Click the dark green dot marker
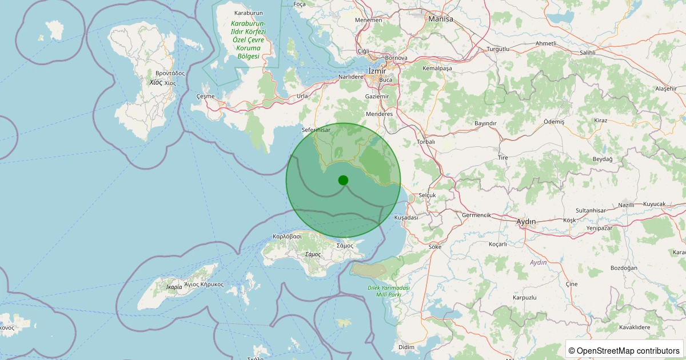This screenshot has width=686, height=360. coord(343,180)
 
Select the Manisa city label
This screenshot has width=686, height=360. coord(441,19)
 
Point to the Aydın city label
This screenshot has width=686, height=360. coord(526,222)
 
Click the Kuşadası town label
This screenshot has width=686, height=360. coord(406,218)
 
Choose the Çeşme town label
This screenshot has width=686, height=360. coord(205,96)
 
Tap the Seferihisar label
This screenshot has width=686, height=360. coord(316,130)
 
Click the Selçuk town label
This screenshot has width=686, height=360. coord(427,195)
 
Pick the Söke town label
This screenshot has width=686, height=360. coord(434,247)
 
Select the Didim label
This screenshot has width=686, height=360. coord(406,347)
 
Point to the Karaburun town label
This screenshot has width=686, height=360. coord(249,13)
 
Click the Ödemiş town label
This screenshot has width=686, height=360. coord(553,122)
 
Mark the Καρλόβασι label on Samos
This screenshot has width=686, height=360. coord(287,236)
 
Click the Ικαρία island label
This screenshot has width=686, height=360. coord(174,286)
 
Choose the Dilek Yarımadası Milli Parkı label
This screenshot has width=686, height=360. coord(388,291)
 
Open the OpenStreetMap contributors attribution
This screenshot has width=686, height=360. coord(624,350)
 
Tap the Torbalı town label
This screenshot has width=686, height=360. coord(426,142)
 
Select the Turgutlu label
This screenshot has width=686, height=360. coord(497,49)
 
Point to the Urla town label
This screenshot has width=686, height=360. coord(302,96)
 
